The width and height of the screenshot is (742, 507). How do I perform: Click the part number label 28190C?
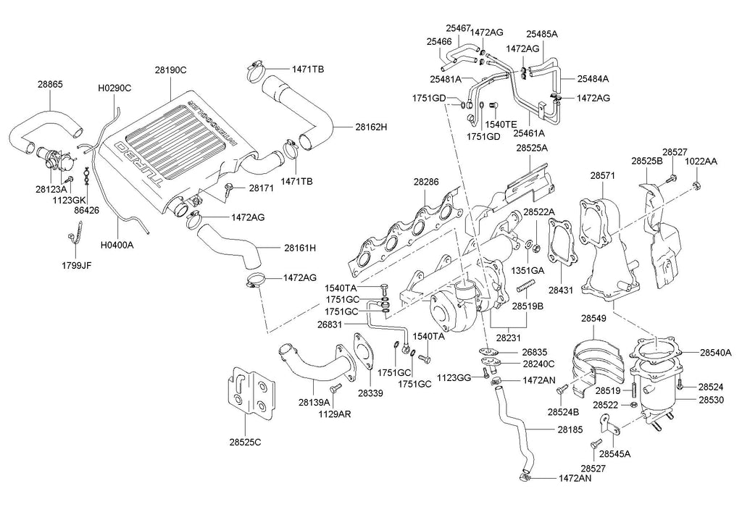click(x=171, y=70)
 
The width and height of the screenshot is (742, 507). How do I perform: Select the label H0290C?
click(x=114, y=88)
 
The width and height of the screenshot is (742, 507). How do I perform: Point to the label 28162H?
click(x=371, y=127)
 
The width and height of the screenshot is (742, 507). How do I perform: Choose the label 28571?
click(x=603, y=175)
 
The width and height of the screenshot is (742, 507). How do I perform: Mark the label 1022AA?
click(x=701, y=162)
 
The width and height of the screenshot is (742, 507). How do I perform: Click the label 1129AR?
click(x=333, y=414)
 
